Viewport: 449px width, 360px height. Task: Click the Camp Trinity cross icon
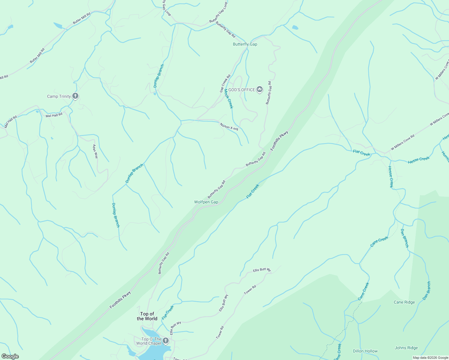tap(75, 96)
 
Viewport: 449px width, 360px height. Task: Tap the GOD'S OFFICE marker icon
tap(260, 89)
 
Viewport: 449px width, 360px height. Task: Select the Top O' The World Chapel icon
tap(165, 341)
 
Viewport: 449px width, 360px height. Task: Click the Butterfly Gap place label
tap(245, 44)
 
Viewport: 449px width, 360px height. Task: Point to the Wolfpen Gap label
tap(206, 202)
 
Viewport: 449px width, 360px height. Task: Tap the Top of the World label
tap(147, 316)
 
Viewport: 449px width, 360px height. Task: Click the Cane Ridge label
tap(404, 302)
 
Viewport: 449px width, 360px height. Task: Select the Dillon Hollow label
tap(365, 351)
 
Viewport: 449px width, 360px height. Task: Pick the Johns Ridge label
tap(406, 348)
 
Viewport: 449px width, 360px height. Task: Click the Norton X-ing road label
tap(229, 127)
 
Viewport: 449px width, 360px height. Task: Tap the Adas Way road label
tap(95, 151)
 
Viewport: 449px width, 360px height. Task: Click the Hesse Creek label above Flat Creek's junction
tap(419, 160)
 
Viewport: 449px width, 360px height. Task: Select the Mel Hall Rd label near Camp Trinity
tap(54, 115)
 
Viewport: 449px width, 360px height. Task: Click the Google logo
tap(10, 356)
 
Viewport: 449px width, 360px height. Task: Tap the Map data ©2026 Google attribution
tap(430, 358)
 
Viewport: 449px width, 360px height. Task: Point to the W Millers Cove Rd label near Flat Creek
tap(402, 142)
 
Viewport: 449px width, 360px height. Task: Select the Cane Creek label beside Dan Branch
tap(379, 241)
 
